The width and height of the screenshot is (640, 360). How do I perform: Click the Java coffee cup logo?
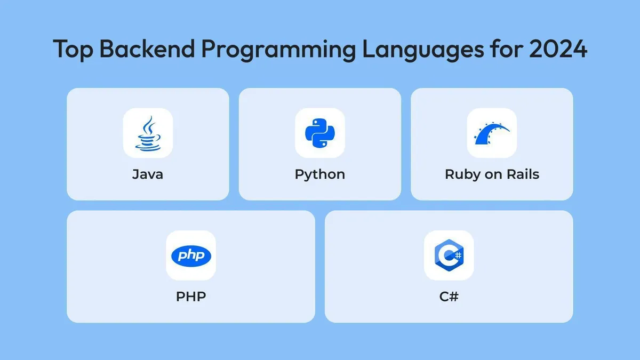(x=148, y=133)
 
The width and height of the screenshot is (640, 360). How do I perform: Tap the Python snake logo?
(x=319, y=133)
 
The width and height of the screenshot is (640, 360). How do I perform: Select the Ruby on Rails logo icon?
(x=491, y=133)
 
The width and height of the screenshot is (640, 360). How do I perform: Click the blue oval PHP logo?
(x=191, y=255)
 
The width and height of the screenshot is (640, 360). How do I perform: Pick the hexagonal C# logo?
(x=449, y=255)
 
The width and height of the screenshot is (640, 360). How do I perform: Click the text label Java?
(x=148, y=174)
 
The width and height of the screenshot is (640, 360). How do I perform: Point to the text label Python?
(x=319, y=174)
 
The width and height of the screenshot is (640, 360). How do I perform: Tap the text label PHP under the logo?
(x=191, y=296)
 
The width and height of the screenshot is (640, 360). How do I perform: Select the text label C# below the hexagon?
(x=449, y=296)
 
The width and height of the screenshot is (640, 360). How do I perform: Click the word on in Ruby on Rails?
(x=490, y=174)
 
